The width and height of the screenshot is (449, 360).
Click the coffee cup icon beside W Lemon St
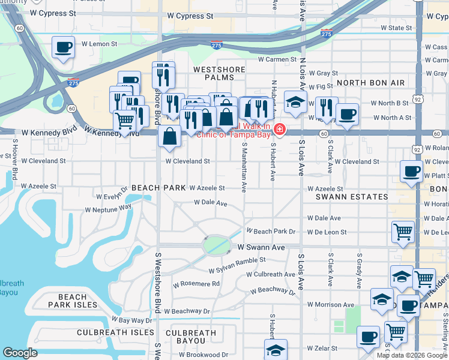[63, 47]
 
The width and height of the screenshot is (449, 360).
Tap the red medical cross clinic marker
[279, 130]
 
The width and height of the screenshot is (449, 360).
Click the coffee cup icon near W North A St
[346, 114]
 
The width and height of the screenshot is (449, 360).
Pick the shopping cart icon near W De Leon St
[403, 231]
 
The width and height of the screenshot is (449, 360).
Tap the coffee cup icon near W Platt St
[412, 171]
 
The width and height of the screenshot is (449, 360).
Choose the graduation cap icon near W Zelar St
[276, 349]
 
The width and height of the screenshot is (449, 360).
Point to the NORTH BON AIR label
[370, 83]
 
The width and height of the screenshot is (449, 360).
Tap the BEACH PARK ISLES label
[73, 301]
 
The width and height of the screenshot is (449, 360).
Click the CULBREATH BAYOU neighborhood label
[191, 337]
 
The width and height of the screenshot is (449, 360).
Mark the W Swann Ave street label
[259, 247]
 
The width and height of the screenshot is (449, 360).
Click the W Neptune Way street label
[108, 208]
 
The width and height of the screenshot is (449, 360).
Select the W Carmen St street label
[278, 59]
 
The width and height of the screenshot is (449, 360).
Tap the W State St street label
[392, 28]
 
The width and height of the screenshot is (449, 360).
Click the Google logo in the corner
[20, 353]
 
